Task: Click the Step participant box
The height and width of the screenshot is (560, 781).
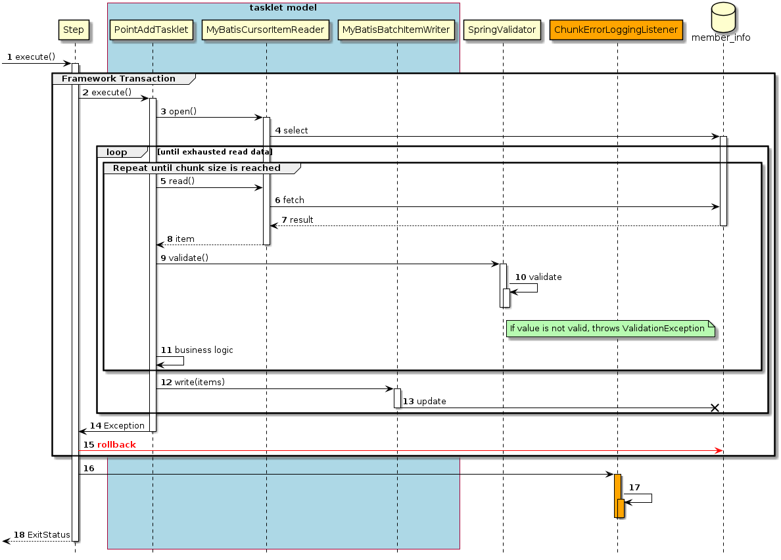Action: point(74,30)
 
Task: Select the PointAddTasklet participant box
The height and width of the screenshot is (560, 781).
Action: point(152,30)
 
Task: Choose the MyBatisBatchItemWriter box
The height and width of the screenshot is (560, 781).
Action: point(396,30)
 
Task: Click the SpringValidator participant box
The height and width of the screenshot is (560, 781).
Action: point(503,30)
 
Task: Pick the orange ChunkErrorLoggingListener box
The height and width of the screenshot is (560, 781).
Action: point(617,30)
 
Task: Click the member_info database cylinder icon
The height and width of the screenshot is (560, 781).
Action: point(722,21)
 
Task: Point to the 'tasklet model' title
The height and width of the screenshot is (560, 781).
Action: point(283,8)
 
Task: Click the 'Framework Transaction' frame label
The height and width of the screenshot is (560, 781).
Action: point(118,79)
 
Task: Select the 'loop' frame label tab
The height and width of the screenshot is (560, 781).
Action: point(117,152)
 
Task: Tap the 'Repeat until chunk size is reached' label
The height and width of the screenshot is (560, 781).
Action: point(197,168)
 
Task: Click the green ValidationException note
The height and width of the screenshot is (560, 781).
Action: point(610,328)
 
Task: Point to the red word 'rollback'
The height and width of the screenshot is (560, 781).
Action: point(116,445)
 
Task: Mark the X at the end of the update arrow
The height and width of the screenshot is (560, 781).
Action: point(715,408)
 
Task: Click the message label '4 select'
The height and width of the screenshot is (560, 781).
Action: point(291,131)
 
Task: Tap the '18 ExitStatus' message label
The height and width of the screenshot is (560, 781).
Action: point(42,535)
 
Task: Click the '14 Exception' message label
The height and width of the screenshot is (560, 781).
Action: point(118,426)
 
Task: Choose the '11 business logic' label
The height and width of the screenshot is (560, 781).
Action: point(197,350)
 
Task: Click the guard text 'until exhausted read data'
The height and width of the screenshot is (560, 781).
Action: point(214,152)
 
